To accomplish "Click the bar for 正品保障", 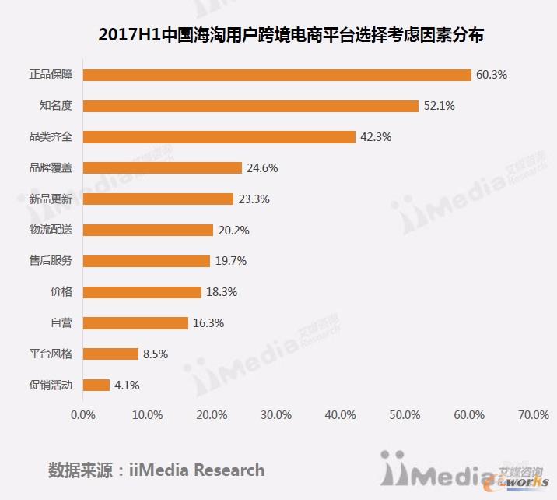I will tap(277, 75).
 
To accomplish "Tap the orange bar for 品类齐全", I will tap(219, 137).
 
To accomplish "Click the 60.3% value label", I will tap(492, 75).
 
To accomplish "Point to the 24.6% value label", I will tap(262, 168).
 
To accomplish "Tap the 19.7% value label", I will tap(230, 261).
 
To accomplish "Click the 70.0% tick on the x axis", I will tap(533, 415).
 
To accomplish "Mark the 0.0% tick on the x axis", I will tap(83, 415).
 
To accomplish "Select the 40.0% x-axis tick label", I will tap(340, 415).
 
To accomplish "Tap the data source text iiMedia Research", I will tap(156, 470).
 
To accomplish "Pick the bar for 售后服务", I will tap(146, 261).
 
